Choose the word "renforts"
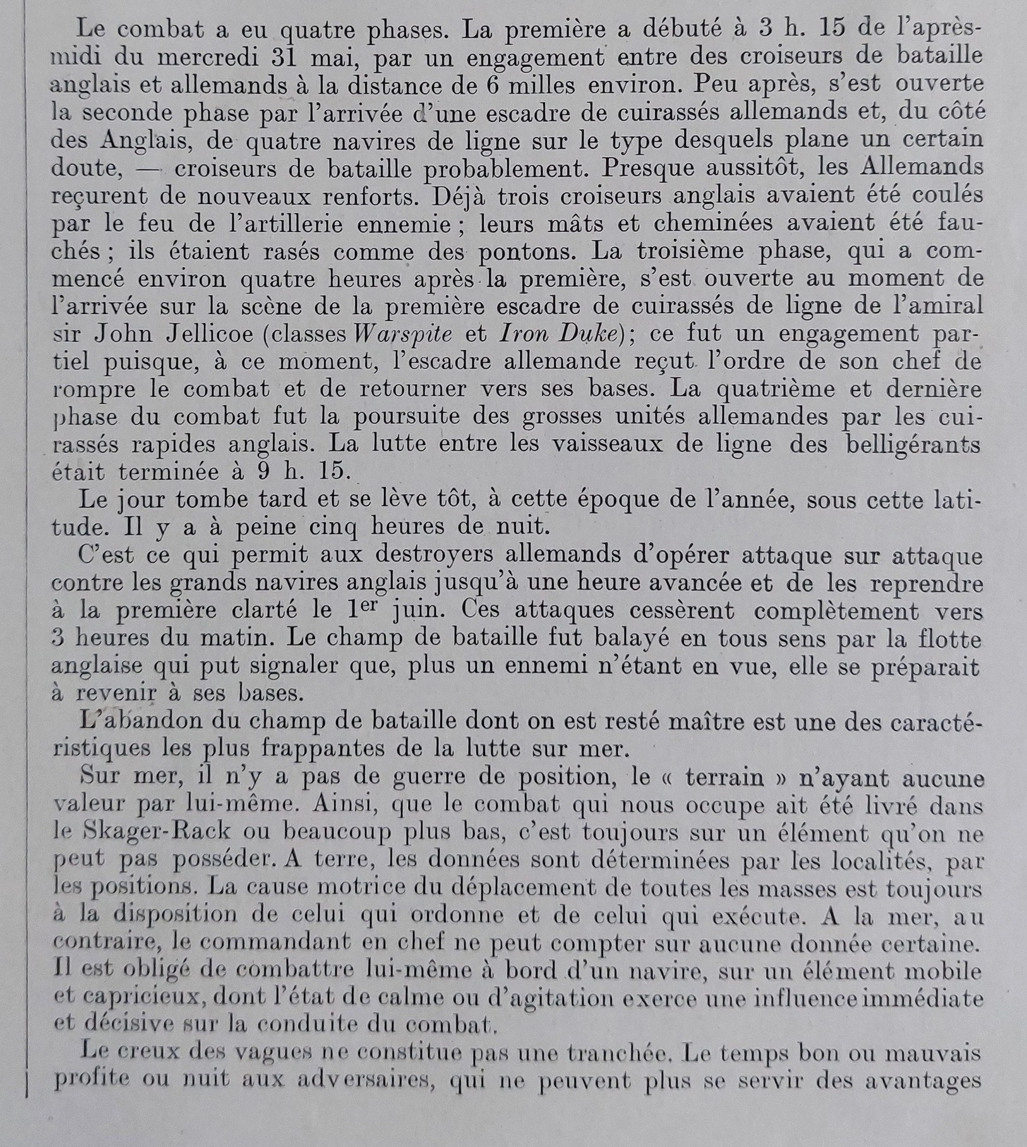tap(366, 195)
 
